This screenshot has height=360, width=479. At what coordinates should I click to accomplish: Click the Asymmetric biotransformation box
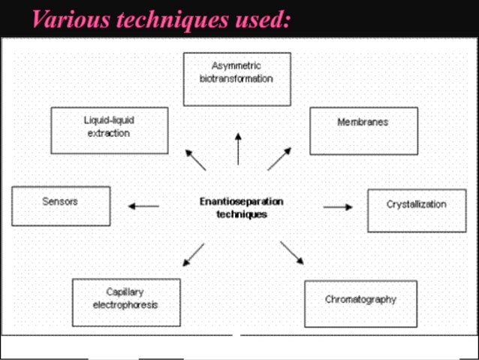click(236, 78)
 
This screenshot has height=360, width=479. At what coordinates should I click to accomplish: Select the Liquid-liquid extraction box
click(109, 130)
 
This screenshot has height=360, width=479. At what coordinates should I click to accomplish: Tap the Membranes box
click(363, 130)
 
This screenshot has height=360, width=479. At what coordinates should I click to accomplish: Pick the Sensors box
click(61, 206)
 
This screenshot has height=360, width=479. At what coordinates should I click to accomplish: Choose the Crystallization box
click(417, 210)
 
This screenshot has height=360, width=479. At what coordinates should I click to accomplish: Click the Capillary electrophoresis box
click(126, 302)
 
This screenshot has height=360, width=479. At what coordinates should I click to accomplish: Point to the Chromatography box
click(360, 303)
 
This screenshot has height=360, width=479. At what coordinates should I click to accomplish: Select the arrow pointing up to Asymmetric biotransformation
click(238, 148)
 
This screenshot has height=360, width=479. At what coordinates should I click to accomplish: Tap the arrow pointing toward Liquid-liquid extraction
click(195, 159)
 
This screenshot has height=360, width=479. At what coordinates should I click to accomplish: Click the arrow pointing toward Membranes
click(279, 158)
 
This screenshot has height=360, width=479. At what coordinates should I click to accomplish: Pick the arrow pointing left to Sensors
click(143, 206)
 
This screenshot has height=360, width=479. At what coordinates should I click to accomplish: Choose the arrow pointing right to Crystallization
click(338, 207)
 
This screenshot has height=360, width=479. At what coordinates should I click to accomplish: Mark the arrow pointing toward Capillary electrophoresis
click(193, 254)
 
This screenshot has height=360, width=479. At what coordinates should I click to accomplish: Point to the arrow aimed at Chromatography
click(292, 253)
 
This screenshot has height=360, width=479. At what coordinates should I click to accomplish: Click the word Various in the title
click(68, 20)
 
